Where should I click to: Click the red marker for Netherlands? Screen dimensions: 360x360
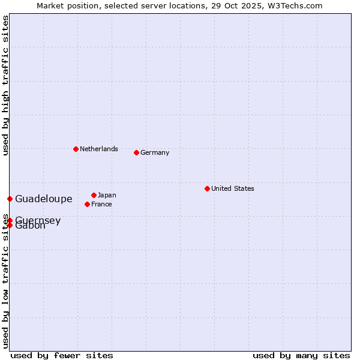(76, 149)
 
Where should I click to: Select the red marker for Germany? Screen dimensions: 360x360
(136, 152)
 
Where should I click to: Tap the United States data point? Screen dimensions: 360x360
(207, 188)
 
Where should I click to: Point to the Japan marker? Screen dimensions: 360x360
(94, 195)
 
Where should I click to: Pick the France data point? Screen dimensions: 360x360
(87, 204)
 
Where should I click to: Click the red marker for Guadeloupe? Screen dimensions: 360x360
(10, 199)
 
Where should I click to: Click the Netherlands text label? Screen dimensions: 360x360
(98, 149)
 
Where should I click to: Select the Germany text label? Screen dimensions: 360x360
(155, 152)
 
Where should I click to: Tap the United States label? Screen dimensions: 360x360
(232, 188)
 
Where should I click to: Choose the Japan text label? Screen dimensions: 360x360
(107, 195)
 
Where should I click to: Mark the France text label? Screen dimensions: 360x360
(101, 204)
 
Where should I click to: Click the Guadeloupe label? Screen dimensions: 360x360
(43, 199)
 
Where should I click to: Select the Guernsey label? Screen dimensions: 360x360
(38, 220)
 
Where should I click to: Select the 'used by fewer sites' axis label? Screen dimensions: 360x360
(62, 355)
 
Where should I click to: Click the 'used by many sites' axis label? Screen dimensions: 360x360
(301, 355)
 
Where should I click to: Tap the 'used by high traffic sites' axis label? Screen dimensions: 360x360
(5, 85)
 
